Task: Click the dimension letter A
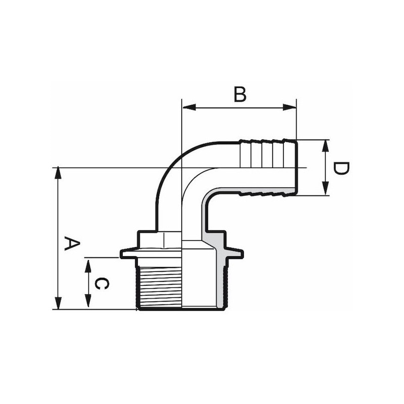(72, 244)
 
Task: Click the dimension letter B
(240, 94)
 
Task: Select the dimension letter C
(102, 283)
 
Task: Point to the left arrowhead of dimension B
(188, 107)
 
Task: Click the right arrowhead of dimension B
(289, 107)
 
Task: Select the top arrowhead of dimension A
(59, 173)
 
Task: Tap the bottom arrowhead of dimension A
(59, 303)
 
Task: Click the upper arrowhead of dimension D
(326, 146)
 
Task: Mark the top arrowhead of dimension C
(88, 267)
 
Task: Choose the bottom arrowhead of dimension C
(88, 301)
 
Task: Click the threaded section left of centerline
(159, 287)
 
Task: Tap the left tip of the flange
(120, 254)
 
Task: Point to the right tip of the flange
(243, 254)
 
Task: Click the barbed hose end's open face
(296, 167)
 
